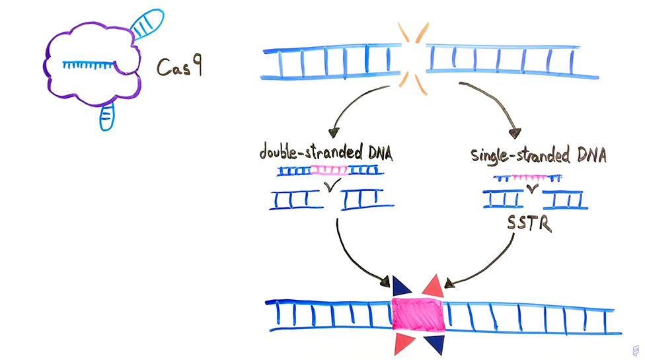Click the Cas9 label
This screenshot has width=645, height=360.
tap(178, 67)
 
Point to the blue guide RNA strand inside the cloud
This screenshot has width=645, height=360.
tap(89, 64)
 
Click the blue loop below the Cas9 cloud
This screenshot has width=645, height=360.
tap(106, 116)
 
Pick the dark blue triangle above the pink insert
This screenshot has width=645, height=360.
tap(400, 287)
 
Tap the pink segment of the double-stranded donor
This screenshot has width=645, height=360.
tap(328, 170)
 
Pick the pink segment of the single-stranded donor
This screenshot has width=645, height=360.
tap(529, 177)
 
